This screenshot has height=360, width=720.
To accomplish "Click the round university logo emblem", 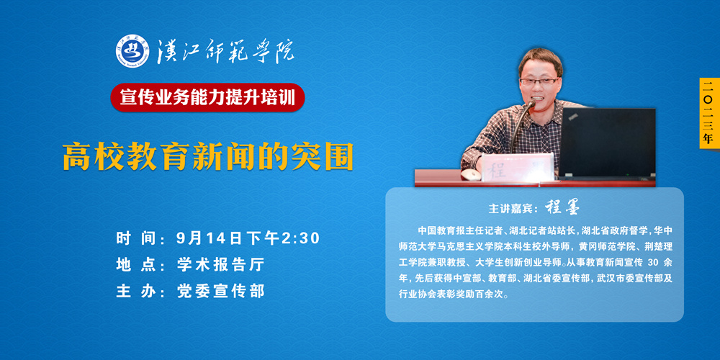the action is point(132,51).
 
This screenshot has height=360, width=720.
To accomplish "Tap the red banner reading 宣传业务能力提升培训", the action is point(207,97).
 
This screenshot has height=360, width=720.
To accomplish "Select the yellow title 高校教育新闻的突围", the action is point(208,156).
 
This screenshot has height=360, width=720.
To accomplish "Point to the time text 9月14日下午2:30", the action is point(248,238).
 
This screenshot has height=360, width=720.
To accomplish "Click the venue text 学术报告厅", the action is point(221,265).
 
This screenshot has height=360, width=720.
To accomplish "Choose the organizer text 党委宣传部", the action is point(221,291).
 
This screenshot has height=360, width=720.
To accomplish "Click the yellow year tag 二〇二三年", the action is point(708,113).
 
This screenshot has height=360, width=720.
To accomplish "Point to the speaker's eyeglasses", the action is point(539,81).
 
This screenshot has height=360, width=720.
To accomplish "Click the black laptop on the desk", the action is point(606,143).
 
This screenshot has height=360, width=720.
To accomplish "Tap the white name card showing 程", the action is point(516,168).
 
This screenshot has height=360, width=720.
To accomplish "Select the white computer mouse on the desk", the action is point(469,174).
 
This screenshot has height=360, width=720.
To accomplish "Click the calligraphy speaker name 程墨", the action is point(562,207).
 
